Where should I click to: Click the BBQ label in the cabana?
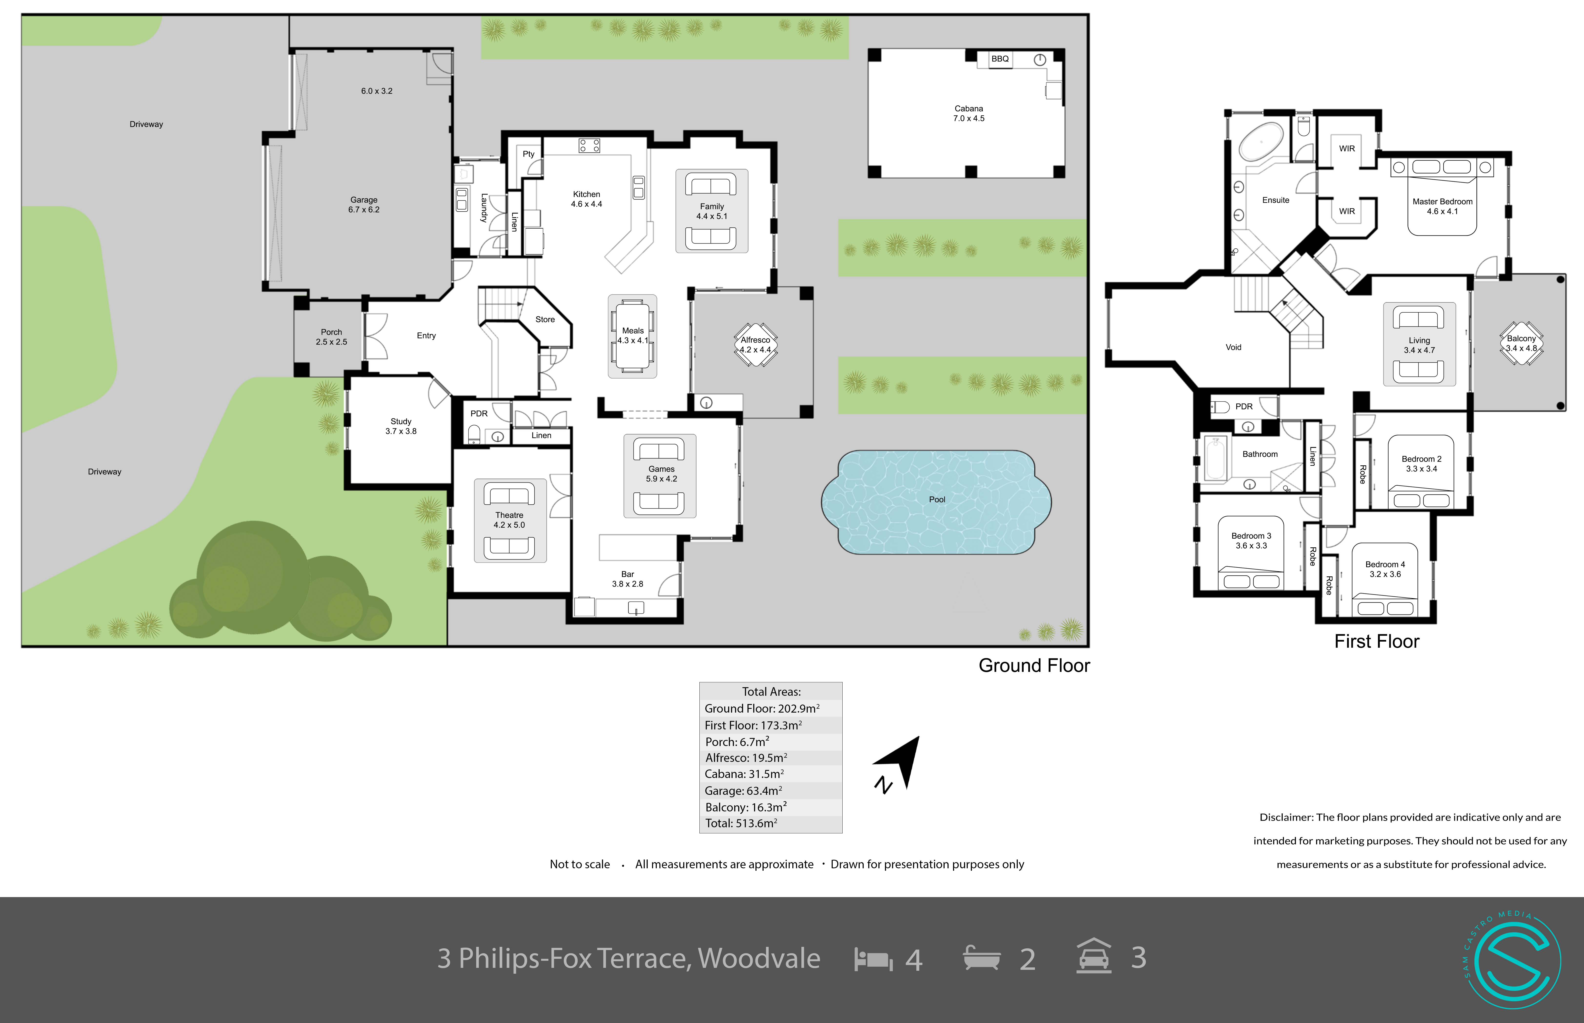[x=1000, y=59]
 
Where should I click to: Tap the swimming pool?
[x=936, y=502]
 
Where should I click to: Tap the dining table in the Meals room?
[x=633, y=336]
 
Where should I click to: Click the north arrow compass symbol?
[x=898, y=764]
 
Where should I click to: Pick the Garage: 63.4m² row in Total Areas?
[x=744, y=790]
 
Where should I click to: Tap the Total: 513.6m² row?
[x=741, y=823]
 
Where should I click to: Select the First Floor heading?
[x=1377, y=641]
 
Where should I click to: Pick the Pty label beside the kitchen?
[x=528, y=154]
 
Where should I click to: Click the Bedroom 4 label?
[x=1385, y=569]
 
